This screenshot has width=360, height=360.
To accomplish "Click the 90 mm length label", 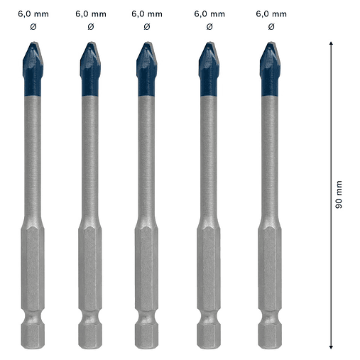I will click(x=339, y=193).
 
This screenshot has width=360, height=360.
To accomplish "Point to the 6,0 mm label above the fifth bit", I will click(x=271, y=13).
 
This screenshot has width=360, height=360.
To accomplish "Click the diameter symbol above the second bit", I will click(x=90, y=27).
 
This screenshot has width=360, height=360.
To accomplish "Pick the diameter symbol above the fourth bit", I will click(x=209, y=27).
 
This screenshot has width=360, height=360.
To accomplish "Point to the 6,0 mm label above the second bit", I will click(x=90, y=13).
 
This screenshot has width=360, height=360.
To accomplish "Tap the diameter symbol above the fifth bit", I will click(x=271, y=27).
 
